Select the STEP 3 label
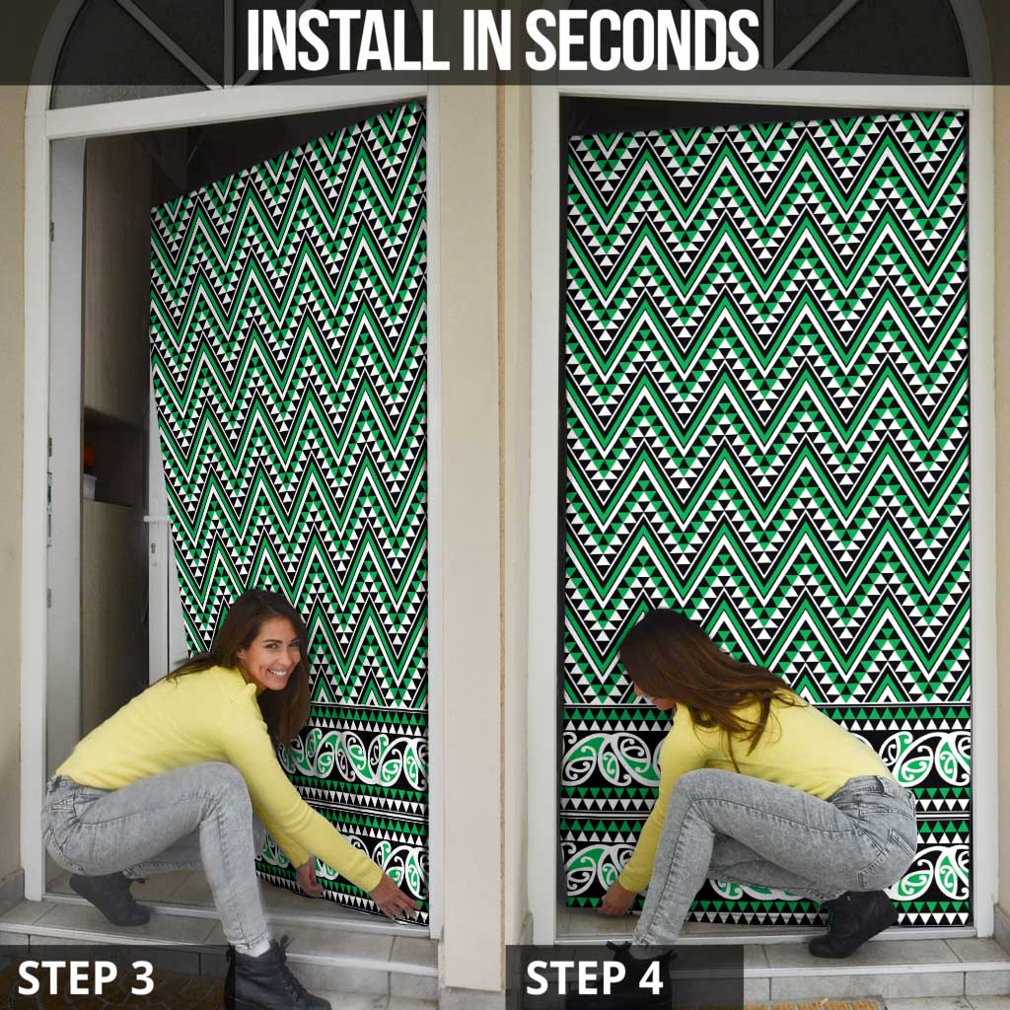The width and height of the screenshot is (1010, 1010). pos(86,976)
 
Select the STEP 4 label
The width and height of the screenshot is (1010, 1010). pos(595,976)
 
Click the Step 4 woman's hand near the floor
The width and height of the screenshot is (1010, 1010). pos(617,900)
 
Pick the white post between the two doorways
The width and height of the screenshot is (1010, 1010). pos(470,493)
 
